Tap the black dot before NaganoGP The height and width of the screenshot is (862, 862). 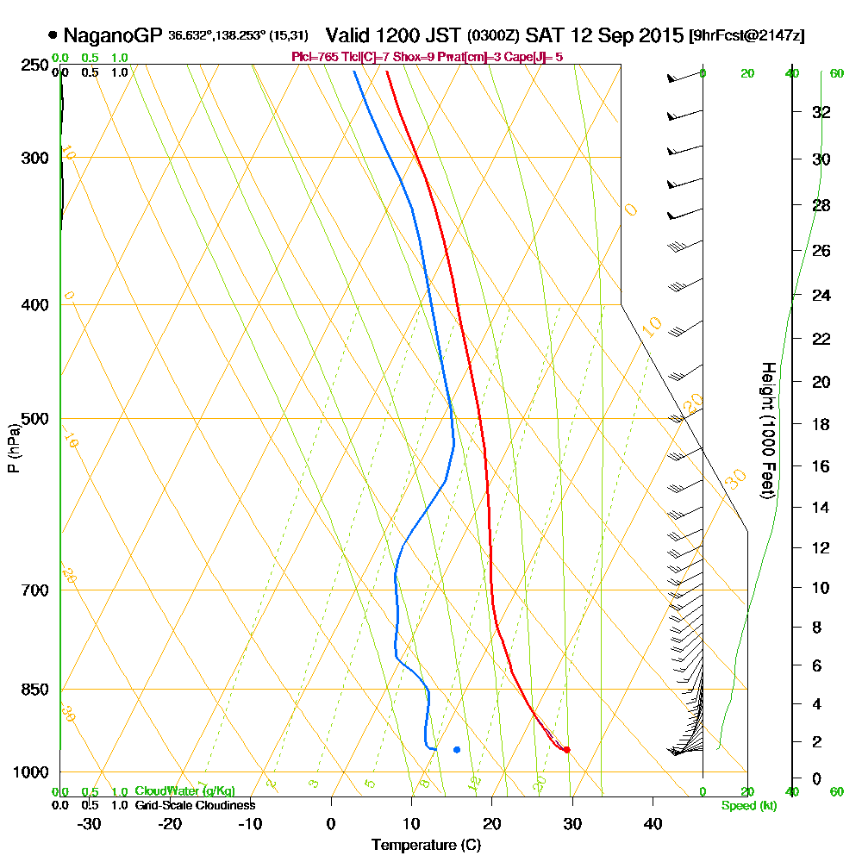pos(53,35)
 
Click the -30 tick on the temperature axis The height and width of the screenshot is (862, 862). pos(90,823)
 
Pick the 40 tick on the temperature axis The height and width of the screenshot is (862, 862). pos(653,823)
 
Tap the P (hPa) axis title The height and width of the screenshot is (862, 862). pos(13,447)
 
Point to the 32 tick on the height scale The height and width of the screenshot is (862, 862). pos(821,112)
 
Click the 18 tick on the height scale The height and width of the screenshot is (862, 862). pos(821,424)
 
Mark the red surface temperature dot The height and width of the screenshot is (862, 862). pos(566,749)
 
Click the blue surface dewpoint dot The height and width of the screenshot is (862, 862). pos(456,749)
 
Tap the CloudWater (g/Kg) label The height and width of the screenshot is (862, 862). pos(184,791)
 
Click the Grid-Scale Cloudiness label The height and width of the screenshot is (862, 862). pos(194,805)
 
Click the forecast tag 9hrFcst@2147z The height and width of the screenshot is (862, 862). pos(747,35)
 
